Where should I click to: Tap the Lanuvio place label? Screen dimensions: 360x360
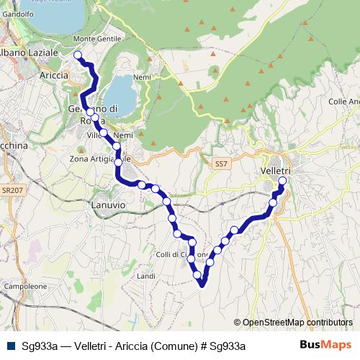coord(108,205)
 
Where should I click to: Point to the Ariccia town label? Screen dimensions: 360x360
coord(55,75)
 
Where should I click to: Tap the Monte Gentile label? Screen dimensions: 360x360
coord(99,39)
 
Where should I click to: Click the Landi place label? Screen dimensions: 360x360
coord(146,276)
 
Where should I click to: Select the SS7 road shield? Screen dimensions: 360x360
coord(220,165)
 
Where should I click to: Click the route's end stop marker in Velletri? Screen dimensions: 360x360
coord(282,181)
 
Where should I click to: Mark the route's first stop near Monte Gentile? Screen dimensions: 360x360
coord(78,54)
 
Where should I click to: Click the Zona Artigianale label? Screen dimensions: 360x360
coord(99,158)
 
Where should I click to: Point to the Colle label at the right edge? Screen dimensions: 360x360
coord(343,102)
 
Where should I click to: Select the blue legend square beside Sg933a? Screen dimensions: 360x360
coord(10,346)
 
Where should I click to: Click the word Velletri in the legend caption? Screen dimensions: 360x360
coord(91,346)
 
